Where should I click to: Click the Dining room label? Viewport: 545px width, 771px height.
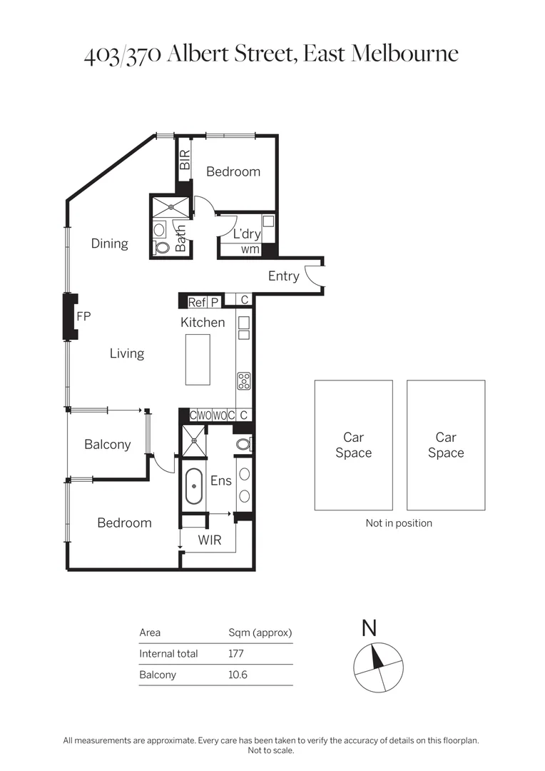pos(109,243)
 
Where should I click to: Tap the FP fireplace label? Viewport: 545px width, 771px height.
pos(83,316)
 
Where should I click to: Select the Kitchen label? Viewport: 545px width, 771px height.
pos(203,323)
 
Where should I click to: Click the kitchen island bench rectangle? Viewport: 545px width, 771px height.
pos(198,359)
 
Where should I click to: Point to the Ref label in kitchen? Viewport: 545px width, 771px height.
pos(197,302)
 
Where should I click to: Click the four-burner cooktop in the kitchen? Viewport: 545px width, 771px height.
pos(244,381)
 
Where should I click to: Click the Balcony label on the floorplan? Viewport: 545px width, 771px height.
pos(107,445)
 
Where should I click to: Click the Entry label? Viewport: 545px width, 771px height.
pos(283,276)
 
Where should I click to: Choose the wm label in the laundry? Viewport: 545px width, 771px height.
pos(250,250)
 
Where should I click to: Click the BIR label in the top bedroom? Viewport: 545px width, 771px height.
pos(185,159)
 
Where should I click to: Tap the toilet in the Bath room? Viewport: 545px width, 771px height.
pos(161,248)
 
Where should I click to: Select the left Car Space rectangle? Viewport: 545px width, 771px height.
pos(353,445)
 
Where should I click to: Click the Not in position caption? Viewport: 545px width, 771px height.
pos(399,523)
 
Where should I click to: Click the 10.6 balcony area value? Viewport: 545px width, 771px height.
pos(238,675)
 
